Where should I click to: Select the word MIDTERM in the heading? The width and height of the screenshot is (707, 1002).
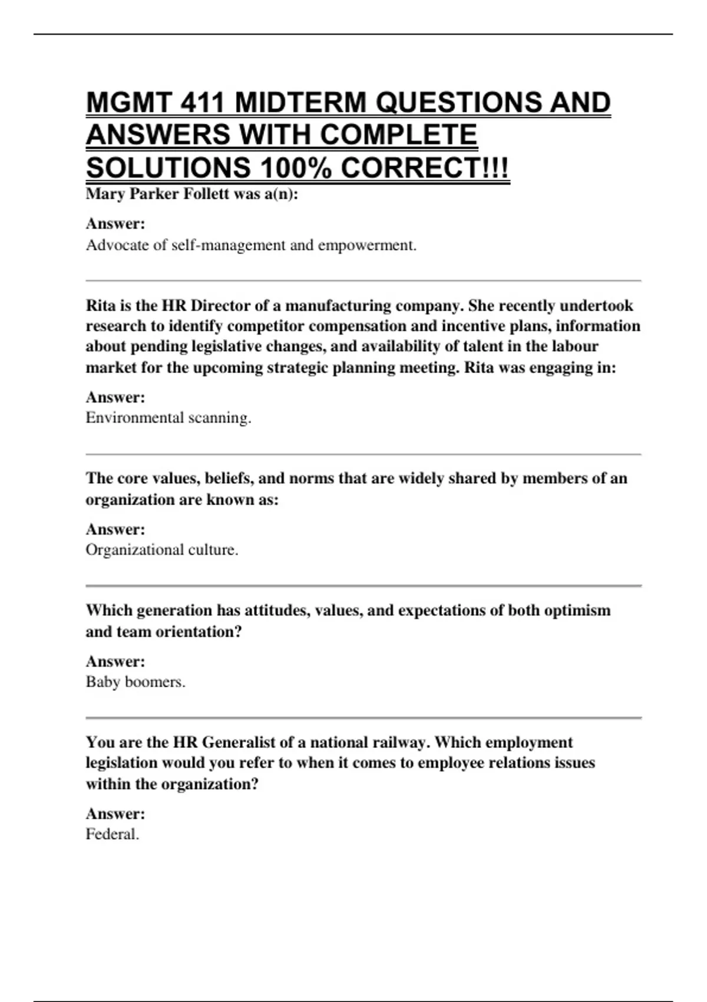(x=300, y=103)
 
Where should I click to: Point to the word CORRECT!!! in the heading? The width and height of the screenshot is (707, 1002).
(x=424, y=169)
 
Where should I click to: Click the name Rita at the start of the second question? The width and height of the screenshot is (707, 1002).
(x=99, y=306)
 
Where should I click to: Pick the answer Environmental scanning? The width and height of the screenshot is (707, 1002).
(x=169, y=418)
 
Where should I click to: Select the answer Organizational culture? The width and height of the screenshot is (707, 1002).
(x=162, y=550)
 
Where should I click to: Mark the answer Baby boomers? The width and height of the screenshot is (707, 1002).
(x=136, y=682)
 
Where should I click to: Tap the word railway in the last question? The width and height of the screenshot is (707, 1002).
(x=398, y=743)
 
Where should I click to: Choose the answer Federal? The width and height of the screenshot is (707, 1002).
(x=113, y=835)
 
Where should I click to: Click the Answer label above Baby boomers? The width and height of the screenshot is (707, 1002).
(x=115, y=661)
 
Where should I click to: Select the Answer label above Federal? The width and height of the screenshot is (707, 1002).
(x=115, y=814)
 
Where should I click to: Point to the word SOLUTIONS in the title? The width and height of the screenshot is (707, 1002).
(x=168, y=169)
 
